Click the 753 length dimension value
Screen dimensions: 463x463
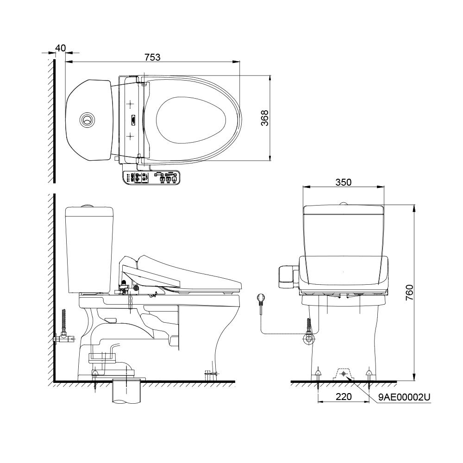pos(152,57)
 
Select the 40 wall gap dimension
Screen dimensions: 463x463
pos(60,48)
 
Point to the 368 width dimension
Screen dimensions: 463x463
pos(264,119)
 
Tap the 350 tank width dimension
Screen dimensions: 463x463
pos(343,182)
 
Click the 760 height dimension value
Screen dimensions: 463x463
pos(409,293)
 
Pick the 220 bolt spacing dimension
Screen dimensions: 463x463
pos(343,397)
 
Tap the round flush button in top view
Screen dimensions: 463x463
pos(87,119)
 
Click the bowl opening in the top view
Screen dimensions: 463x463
pos(191,119)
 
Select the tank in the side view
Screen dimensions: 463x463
pos(89,250)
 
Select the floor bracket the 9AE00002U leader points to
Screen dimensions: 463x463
pos(343,373)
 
